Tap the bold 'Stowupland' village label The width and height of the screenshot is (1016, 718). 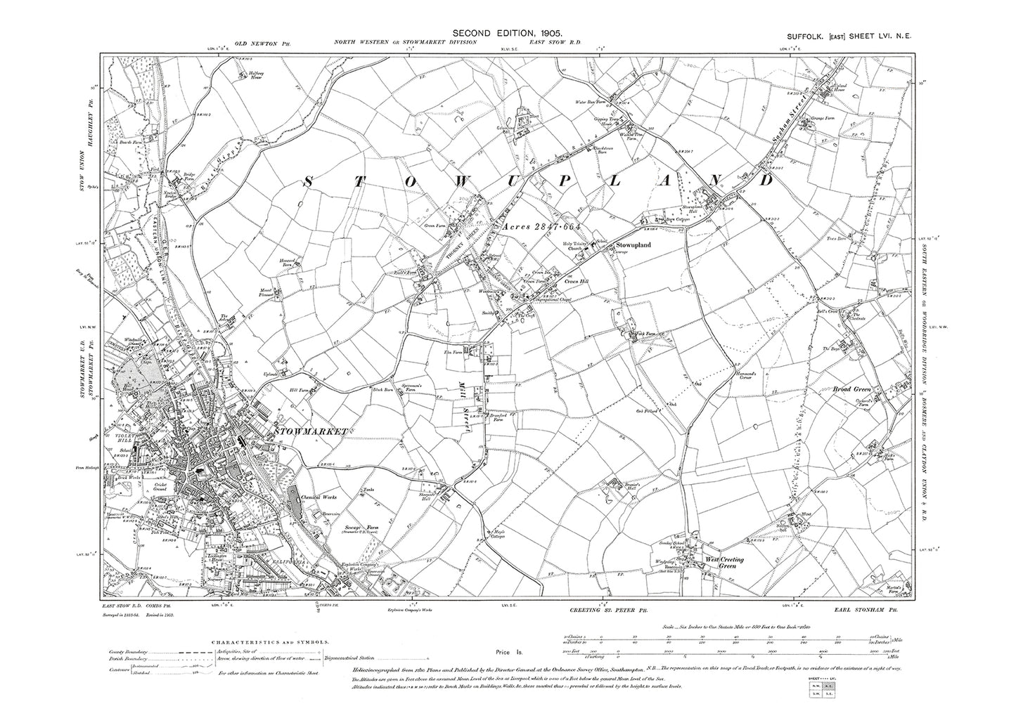click(634, 245)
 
